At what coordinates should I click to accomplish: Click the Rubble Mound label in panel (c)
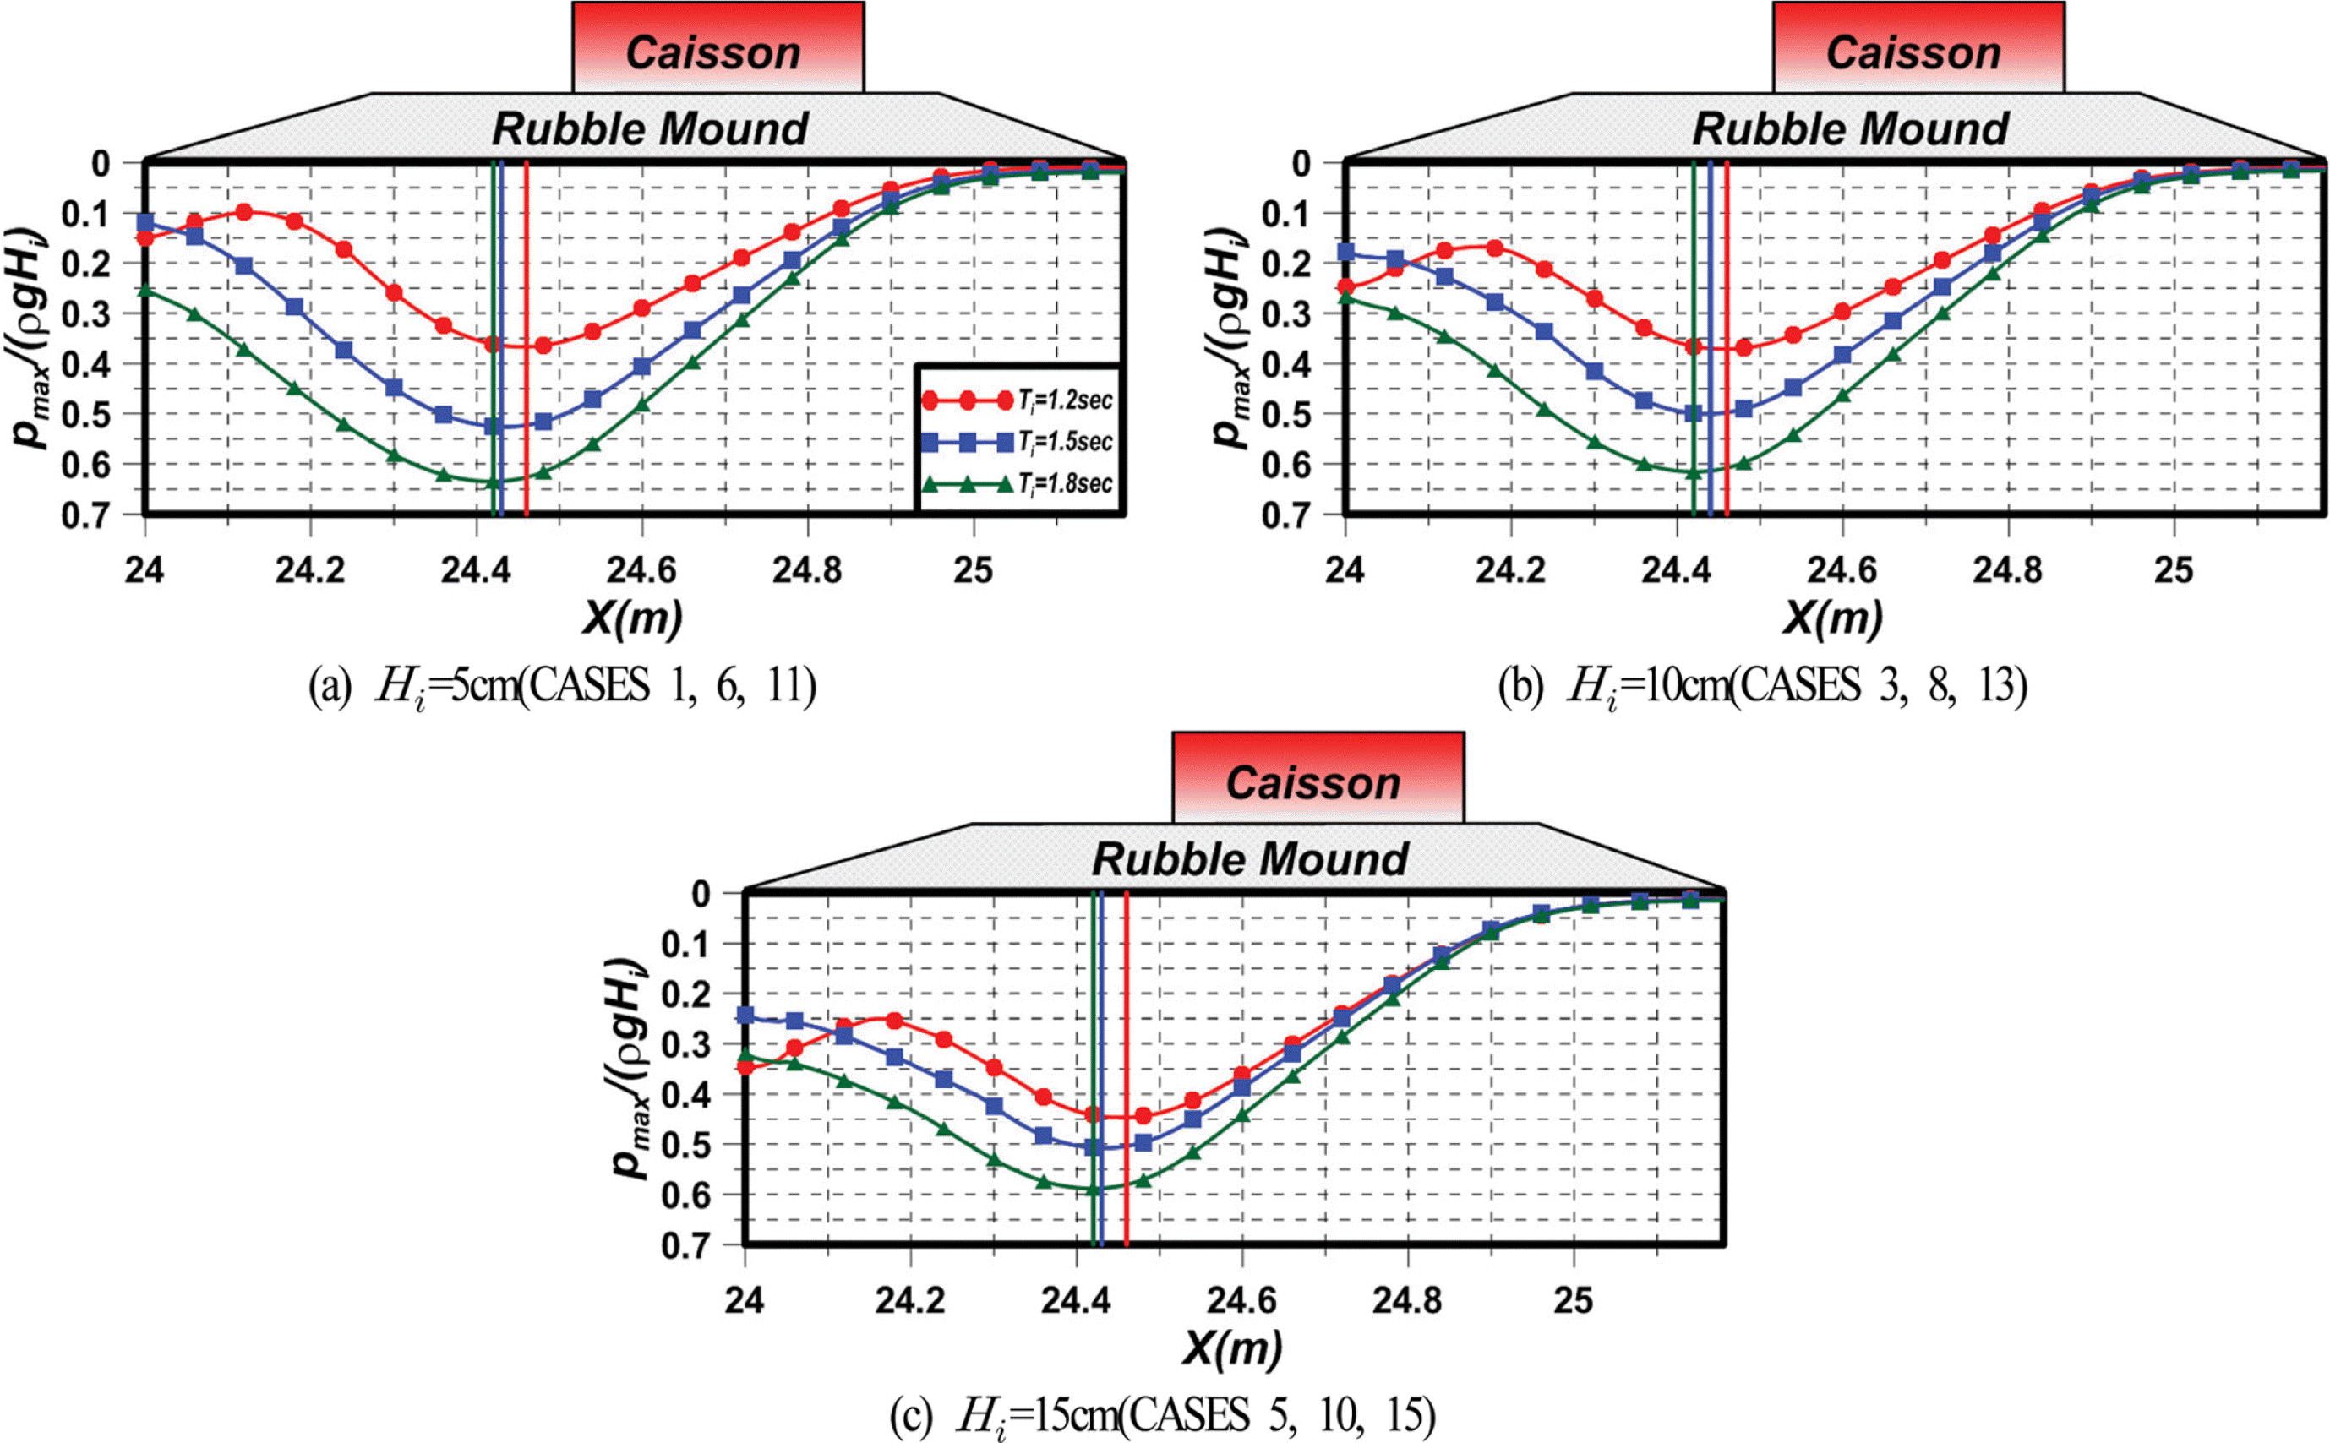(x=1249, y=859)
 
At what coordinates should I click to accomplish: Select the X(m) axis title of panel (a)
(x=633, y=618)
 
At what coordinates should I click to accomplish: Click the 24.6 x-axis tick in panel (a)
(x=641, y=571)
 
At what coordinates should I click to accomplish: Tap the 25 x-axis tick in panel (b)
(x=2174, y=571)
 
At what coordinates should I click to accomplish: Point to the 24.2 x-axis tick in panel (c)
(x=909, y=1301)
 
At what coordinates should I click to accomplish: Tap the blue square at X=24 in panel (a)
(x=145, y=222)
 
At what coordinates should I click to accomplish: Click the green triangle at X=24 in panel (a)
(x=145, y=289)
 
